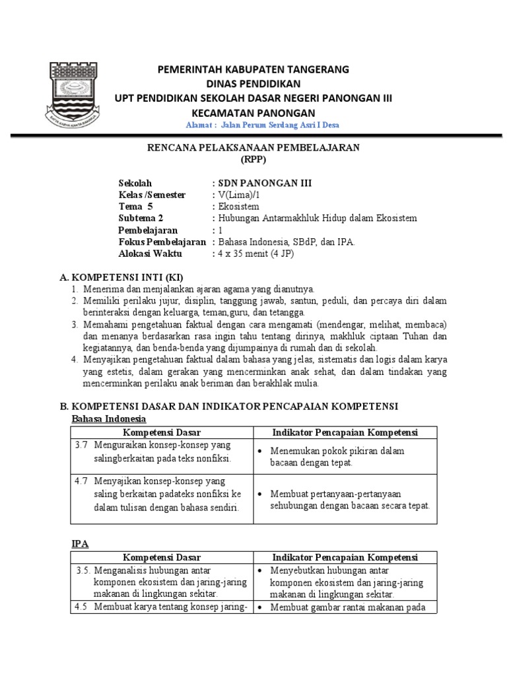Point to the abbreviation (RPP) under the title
pos(253,159)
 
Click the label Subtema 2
pos(141,219)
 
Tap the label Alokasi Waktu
pos(151,253)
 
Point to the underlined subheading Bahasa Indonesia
pos(108,419)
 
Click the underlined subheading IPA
pos(79,543)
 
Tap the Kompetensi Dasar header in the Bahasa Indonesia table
pos(162,432)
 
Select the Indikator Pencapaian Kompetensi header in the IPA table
pos(345,557)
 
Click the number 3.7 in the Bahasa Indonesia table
pos(81,445)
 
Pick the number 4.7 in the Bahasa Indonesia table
pos(81,481)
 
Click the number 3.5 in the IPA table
pos(82,570)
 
